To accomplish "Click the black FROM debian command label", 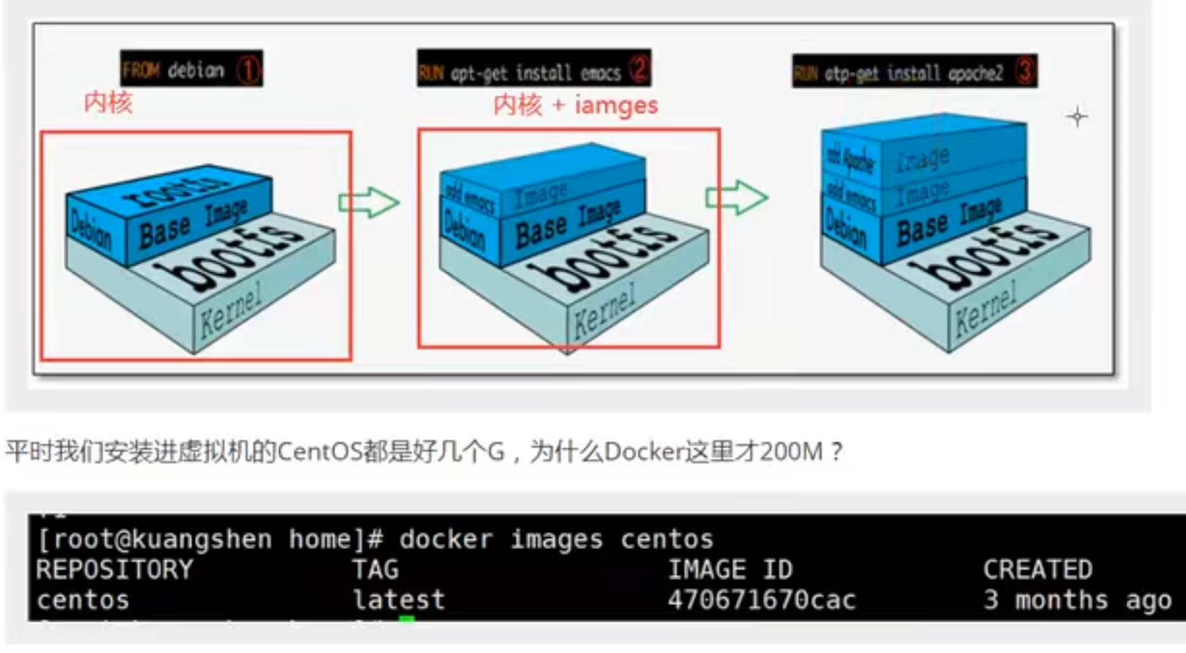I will (191, 69).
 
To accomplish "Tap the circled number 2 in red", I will (639, 69).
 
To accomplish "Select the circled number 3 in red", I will (1023, 71).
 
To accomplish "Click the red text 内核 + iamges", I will (575, 105).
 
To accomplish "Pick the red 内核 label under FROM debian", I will (108, 102).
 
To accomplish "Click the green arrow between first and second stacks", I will (368, 203).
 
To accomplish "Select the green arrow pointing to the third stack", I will (736, 198).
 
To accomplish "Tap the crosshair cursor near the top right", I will (1077, 117).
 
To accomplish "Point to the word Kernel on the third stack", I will (985, 308).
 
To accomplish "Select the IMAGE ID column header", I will (730, 569).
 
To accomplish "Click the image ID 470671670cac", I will (761, 600).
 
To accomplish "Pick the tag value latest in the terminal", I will (399, 600).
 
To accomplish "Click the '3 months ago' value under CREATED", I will (1077, 600).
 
